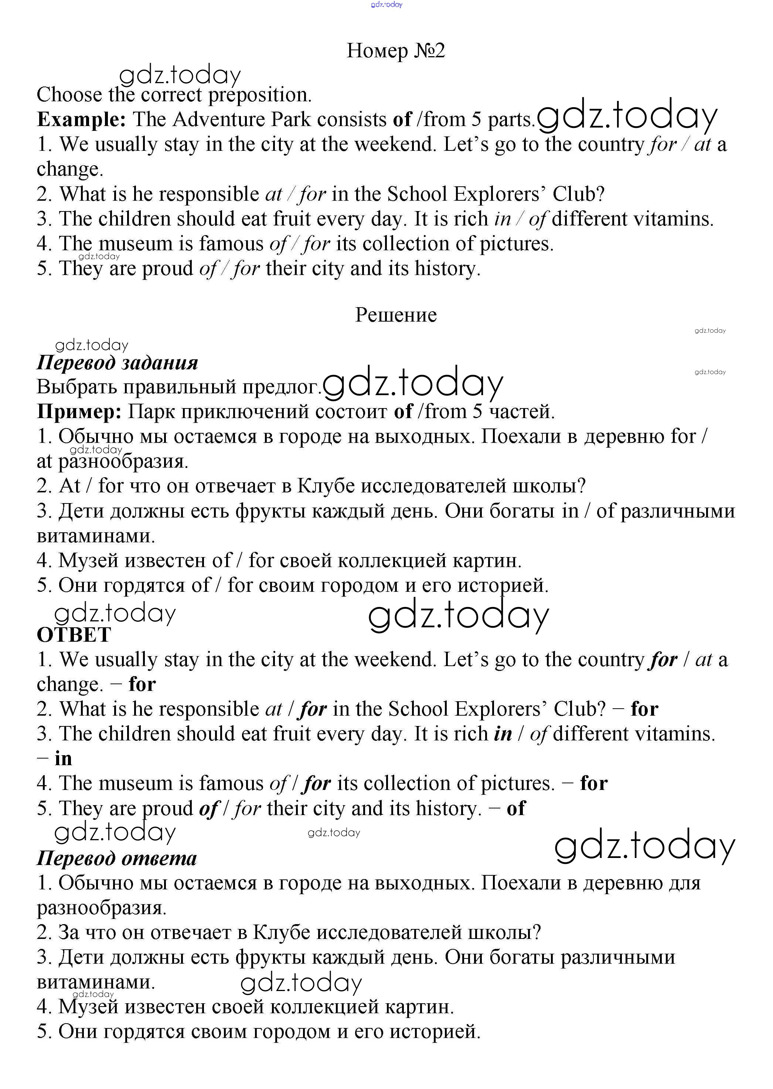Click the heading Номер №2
tap(395, 51)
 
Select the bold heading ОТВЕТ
tap(74, 635)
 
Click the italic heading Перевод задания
tap(117, 363)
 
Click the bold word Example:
tap(81, 119)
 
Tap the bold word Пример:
tap(79, 411)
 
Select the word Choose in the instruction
tap(69, 95)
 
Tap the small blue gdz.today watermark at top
tap(386, 5)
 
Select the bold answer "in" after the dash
tap(63, 759)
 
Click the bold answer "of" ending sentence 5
tap(516, 808)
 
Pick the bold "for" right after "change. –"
tap(142, 684)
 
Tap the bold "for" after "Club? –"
tap(644, 709)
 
